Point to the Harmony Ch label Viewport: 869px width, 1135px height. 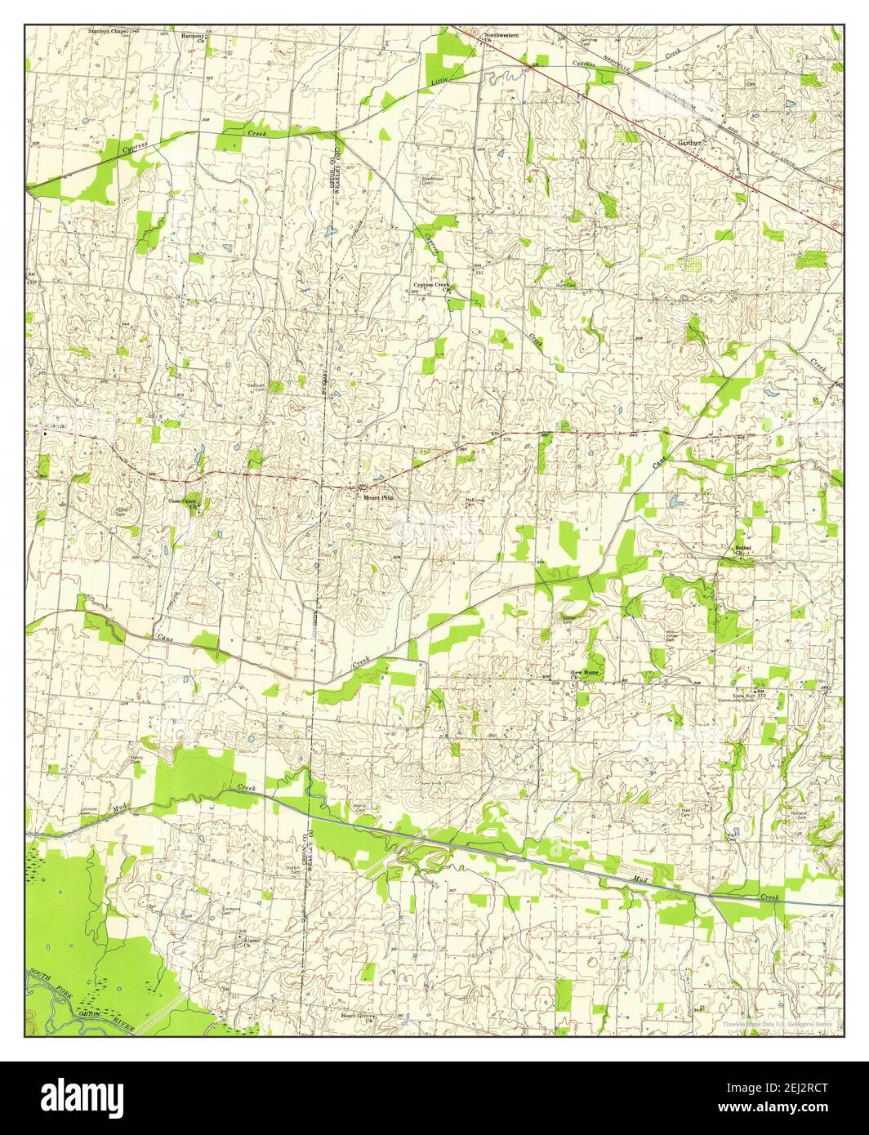[x=194, y=38]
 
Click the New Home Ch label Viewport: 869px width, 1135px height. [x=583, y=674]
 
